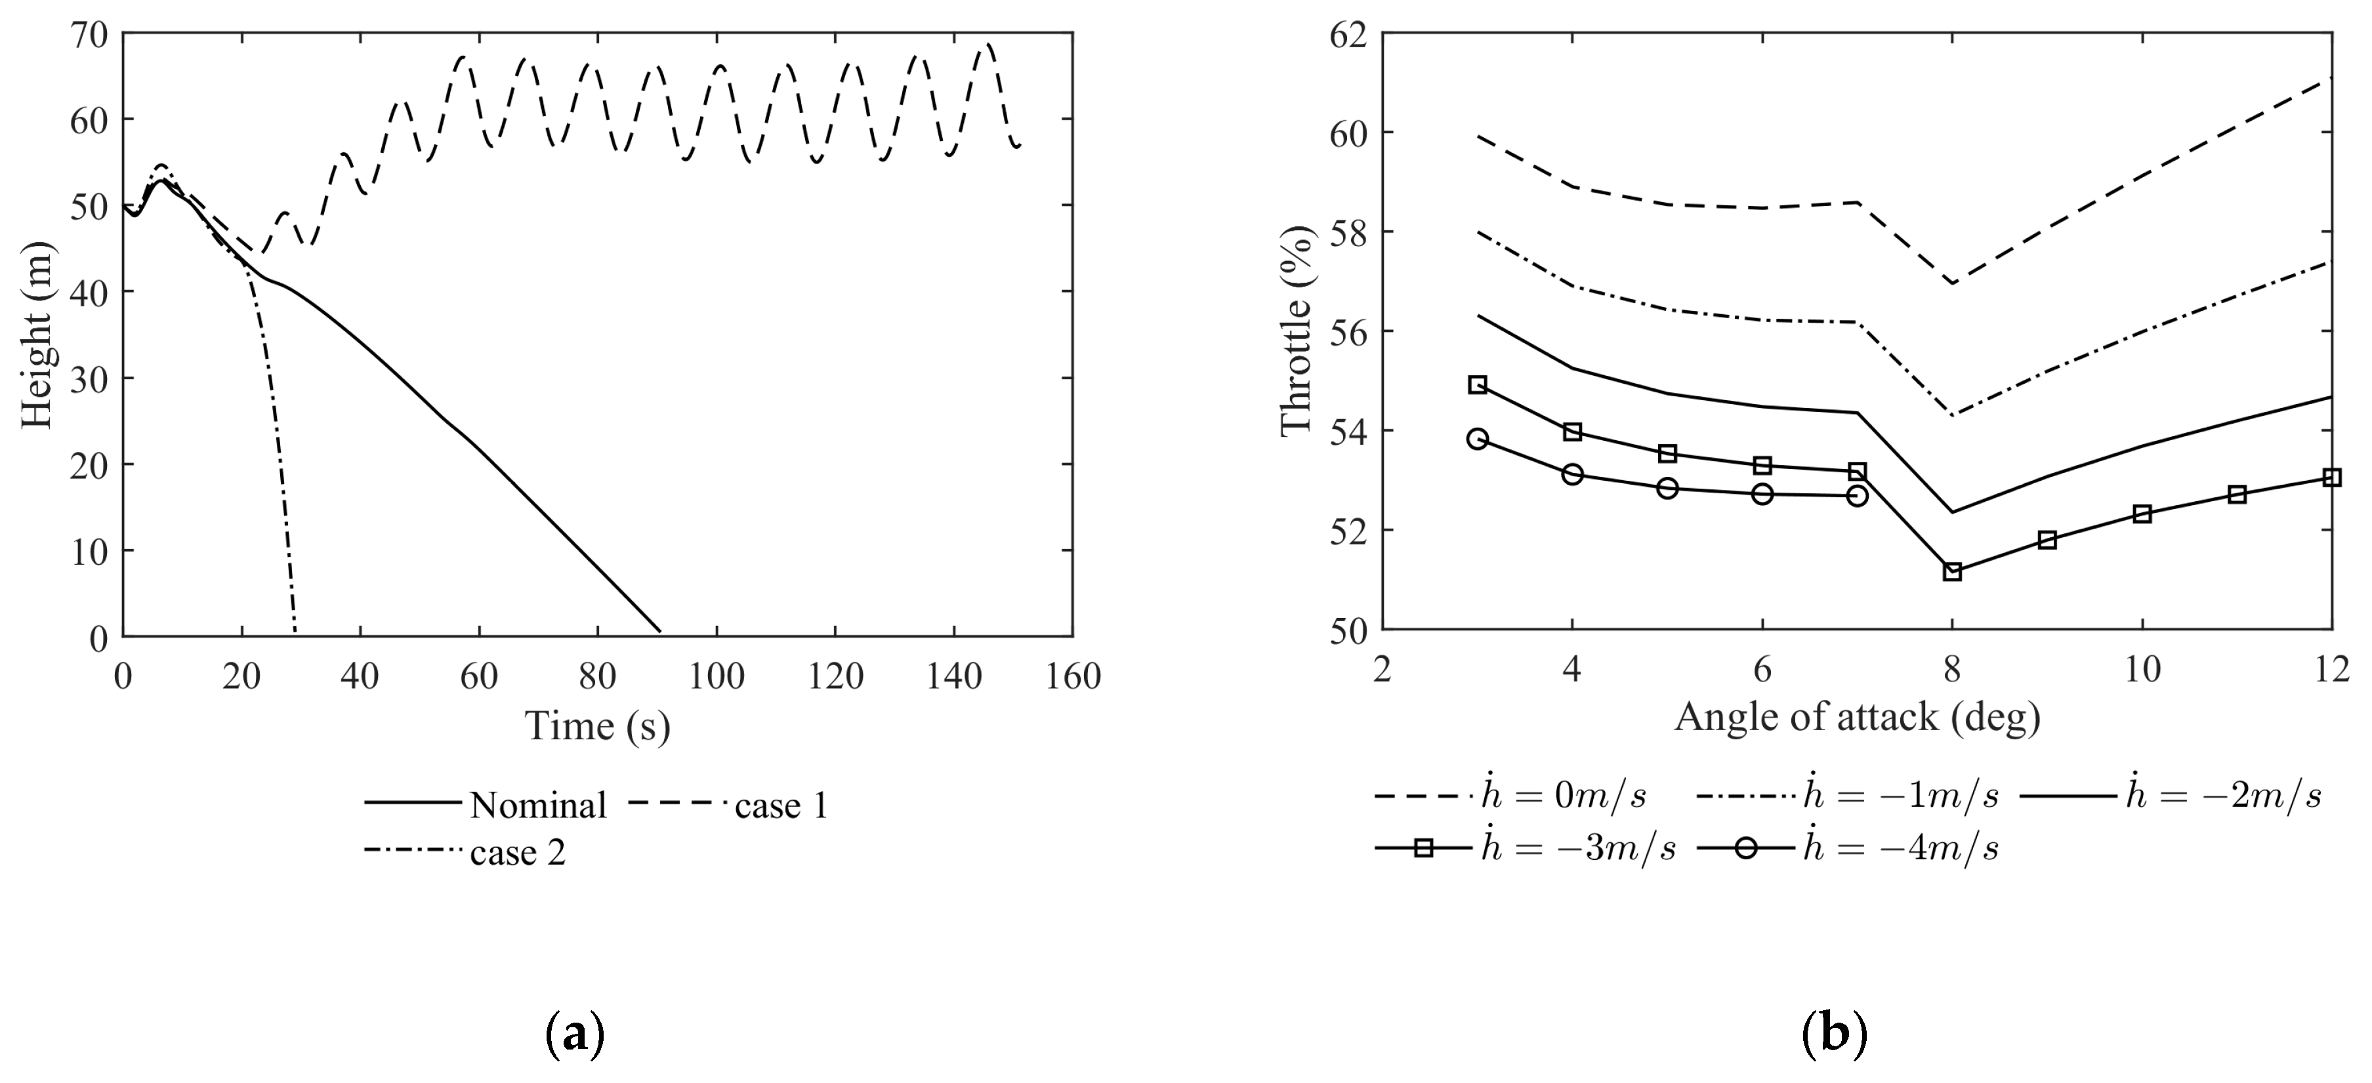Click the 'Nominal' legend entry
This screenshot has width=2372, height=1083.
[538, 806]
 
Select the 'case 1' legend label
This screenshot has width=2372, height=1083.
[781, 806]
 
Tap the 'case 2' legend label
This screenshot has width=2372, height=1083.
[518, 853]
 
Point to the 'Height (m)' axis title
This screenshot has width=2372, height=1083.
[37, 335]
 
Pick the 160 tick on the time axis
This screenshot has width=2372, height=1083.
[1073, 677]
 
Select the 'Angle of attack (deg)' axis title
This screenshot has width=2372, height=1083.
[1856, 716]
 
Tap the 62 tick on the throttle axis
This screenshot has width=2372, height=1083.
[1349, 35]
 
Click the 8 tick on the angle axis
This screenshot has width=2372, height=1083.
[1951, 670]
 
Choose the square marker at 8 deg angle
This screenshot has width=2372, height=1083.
[1952, 572]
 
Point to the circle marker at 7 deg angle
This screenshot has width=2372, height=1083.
[1858, 495]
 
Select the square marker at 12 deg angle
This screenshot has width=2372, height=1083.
[2331, 477]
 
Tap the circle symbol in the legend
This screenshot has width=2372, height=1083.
[1746, 848]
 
